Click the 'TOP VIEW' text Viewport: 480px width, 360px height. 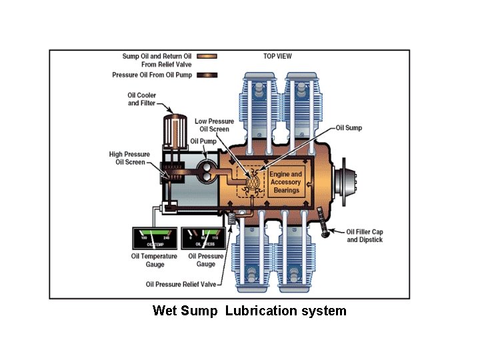coord(277,57)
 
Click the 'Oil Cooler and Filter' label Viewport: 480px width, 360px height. coord(142,99)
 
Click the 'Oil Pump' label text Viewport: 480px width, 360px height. coord(202,141)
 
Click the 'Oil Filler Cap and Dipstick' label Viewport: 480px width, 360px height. coord(365,235)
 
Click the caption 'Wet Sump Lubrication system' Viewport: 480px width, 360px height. coord(249,311)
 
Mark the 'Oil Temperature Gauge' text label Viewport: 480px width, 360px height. coord(153,260)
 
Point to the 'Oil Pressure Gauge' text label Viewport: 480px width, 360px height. coord(205,260)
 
